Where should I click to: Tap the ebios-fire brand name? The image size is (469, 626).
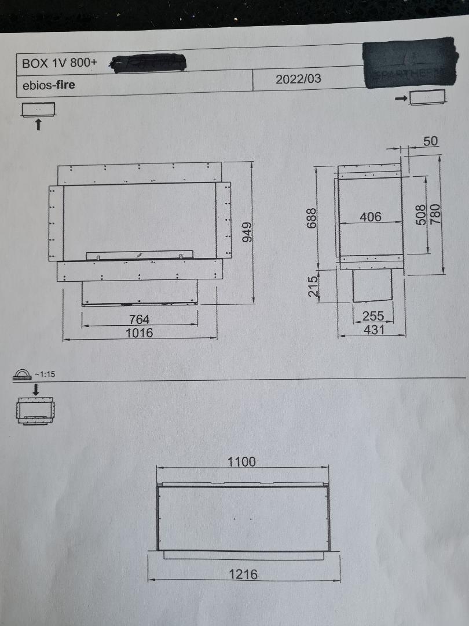pyautogui.click(x=49, y=85)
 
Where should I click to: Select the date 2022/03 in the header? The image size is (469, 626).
pyautogui.click(x=298, y=79)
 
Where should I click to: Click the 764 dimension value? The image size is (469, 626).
pyautogui.click(x=140, y=319)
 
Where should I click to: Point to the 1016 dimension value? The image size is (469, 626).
pyautogui.click(x=140, y=333)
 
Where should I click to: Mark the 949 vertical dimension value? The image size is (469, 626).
pyautogui.click(x=247, y=232)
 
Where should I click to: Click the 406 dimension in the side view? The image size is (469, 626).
pyautogui.click(x=371, y=217)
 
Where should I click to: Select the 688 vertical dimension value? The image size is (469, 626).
pyautogui.click(x=312, y=218)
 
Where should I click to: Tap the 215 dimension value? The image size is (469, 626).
pyautogui.click(x=313, y=287)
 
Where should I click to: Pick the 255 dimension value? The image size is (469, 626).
pyautogui.click(x=373, y=317)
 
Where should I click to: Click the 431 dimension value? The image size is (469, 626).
pyautogui.click(x=373, y=330)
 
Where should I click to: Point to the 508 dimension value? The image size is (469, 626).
pyautogui.click(x=422, y=215)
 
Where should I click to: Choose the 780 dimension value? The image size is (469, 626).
pyautogui.click(x=435, y=215)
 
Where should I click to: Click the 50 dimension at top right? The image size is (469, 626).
pyautogui.click(x=430, y=141)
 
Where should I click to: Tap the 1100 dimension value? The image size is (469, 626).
pyautogui.click(x=241, y=462)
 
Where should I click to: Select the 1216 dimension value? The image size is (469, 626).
pyautogui.click(x=243, y=574)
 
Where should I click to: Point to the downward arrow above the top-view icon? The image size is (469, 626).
pyautogui.click(x=35, y=388)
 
